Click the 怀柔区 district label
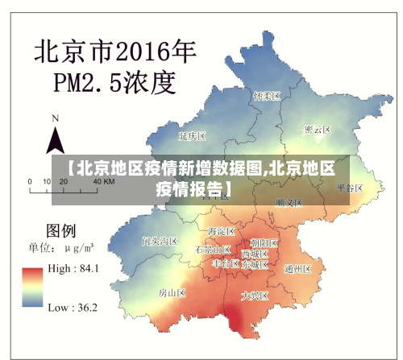pos(266,96)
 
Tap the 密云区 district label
pos(318,130)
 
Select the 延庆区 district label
pos(193,136)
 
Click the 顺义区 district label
pos(289,203)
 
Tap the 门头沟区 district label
pos(159,241)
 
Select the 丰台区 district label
pos(225,263)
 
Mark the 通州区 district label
pos(298,269)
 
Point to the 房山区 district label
pos(172,292)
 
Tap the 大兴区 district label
pos(256,296)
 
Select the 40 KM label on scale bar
pos(103,182)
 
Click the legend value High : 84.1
pos(73,269)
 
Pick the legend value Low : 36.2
pos(73,307)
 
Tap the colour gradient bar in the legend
pos(32,288)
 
